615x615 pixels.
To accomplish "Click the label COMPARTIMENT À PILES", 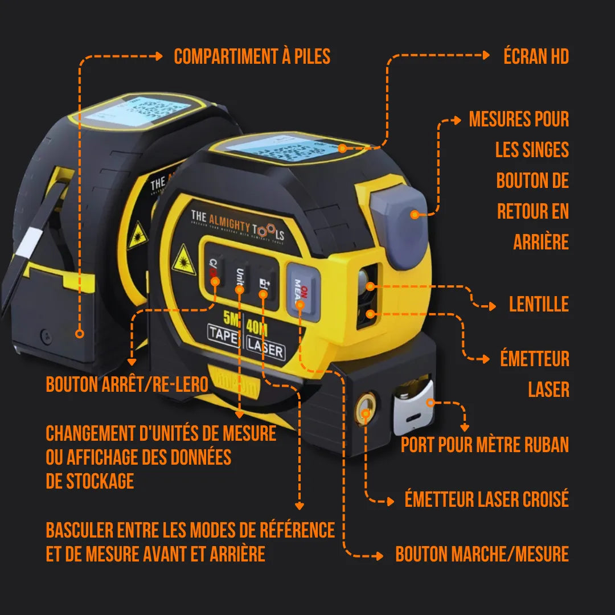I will [x=252, y=56].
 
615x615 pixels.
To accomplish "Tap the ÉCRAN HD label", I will [x=536, y=56].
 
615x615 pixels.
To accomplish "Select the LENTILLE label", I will [x=539, y=304].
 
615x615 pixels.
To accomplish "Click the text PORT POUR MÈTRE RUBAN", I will [x=485, y=445].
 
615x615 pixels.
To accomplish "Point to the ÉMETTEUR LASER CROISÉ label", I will [x=486, y=500].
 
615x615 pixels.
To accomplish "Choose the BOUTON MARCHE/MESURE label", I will [x=482, y=554].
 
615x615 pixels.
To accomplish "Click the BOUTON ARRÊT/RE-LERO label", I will [x=126, y=384].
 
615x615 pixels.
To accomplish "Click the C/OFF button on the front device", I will [x=214, y=270].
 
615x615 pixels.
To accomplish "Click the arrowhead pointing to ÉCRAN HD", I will [x=486, y=55].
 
